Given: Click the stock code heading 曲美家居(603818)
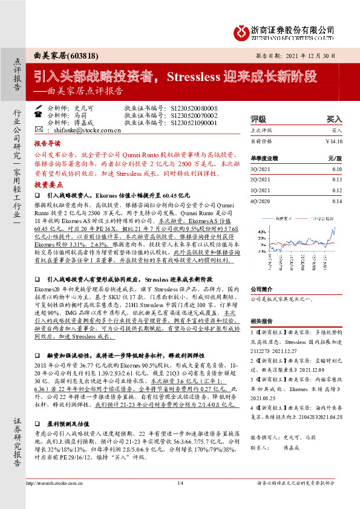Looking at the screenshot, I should point(62,56).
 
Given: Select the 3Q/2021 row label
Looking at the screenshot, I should point(261,169).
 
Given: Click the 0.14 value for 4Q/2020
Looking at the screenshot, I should point(336,201).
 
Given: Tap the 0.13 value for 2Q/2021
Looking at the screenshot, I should point(336,180).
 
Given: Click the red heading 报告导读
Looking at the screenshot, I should point(47,144).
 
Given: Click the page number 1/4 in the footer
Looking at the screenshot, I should point(180,501).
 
